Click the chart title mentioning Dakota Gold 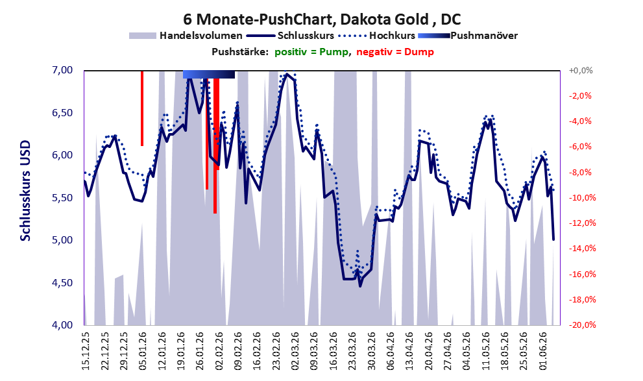(x=322, y=19)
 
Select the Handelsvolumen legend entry (x=186, y=36)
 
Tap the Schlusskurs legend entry (x=290, y=36)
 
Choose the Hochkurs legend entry (x=377, y=36)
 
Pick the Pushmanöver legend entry (x=468, y=36)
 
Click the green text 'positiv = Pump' (x=311, y=52)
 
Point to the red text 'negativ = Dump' (x=395, y=52)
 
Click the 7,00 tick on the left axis (x=63, y=70)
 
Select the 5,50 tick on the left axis (x=63, y=198)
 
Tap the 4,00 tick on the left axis (x=63, y=325)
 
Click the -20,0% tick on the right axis (x=582, y=325)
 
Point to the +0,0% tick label (x=581, y=71)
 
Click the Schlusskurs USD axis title (x=25, y=191)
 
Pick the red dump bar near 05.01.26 (x=142, y=108)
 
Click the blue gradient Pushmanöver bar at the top (x=209, y=74)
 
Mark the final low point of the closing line (x=553, y=240)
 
